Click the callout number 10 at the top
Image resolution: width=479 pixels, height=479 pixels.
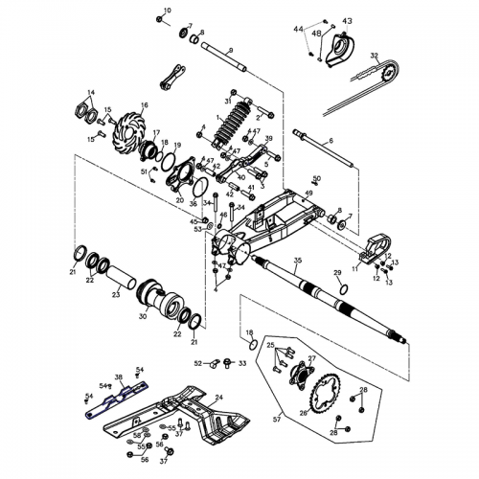coord(167,10)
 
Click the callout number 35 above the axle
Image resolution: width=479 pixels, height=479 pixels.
coord(298,261)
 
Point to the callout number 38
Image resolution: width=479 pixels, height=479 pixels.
coord(119,376)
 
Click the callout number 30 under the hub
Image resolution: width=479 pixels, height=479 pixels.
coord(143,315)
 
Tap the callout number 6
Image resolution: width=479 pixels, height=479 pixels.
coord(331,141)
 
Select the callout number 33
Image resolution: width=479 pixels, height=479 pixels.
coord(242,363)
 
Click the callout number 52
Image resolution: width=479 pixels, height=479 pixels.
coord(198,363)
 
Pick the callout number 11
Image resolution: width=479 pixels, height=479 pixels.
coord(355,271)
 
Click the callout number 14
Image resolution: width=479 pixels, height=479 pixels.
coord(91,93)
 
